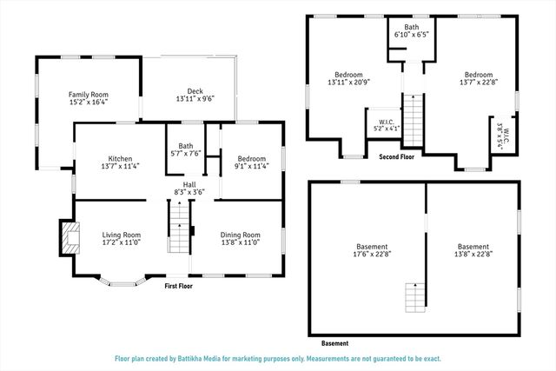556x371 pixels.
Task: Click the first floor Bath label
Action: tap(186, 146)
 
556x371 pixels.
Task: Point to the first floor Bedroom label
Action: tap(251, 159)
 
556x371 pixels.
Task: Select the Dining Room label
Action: tap(239, 235)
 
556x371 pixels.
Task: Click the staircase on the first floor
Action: tap(178, 227)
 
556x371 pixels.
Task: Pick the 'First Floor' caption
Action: tap(178, 286)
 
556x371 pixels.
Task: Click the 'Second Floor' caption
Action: tap(396, 156)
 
